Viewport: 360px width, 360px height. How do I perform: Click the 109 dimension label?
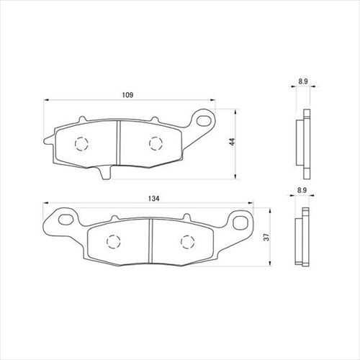(127, 95)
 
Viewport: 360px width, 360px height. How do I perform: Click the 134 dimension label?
(153, 199)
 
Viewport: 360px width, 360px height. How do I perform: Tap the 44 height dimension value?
(232, 142)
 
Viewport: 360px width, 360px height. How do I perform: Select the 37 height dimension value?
(266, 237)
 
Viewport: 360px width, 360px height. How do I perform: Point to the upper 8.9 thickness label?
(303, 81)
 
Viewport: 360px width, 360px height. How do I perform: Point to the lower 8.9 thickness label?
(302, 190)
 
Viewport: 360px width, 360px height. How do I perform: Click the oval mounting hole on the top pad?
(203, 120)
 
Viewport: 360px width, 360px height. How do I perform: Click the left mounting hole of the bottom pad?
(66, 218)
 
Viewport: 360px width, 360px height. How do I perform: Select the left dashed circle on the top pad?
(81, 144)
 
